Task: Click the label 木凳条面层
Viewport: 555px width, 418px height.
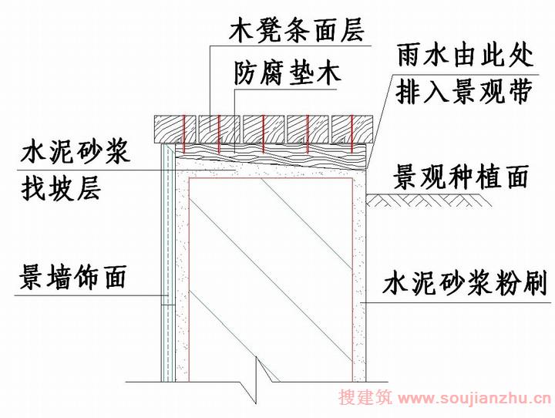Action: (x=297, y=31)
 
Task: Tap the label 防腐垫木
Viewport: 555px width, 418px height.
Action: (x=287, y=73)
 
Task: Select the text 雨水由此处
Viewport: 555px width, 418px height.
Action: (x=465, y=56)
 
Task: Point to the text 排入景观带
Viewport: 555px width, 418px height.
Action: (x=464, y=92)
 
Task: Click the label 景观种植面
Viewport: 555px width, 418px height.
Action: (x=461, y=177)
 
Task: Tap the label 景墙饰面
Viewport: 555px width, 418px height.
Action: (x=72, y=277)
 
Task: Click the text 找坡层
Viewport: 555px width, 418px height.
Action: (x=61, y=188)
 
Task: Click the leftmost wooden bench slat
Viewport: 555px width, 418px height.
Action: (x=175, y=130)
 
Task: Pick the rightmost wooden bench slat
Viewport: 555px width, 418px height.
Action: (x=352, y=130)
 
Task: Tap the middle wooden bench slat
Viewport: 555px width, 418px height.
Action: (x=264, y=130)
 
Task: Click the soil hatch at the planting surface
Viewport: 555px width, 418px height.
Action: (x=429, y=201)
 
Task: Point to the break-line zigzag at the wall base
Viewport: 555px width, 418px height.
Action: (x=257, y=381)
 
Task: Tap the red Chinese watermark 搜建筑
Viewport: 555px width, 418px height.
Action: (x=365, y=397)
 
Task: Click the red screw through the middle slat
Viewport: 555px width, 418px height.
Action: (x=264, y=133)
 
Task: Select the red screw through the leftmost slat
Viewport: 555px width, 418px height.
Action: (x=183, y=132)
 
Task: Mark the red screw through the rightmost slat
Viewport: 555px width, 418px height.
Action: (x=351, y=133)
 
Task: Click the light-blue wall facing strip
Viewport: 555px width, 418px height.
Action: (x=168, y=262)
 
